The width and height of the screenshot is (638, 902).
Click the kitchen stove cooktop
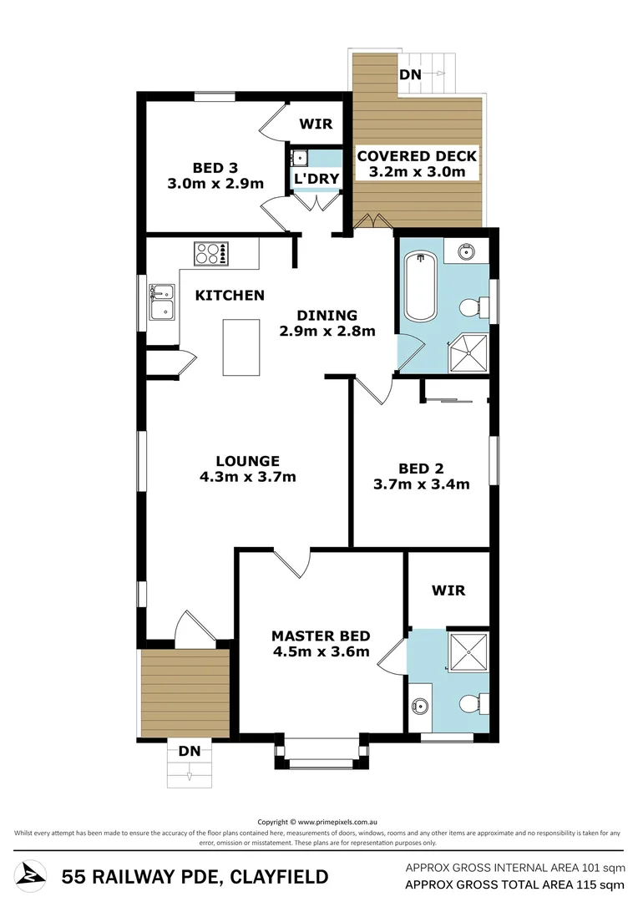click(x=211, y=253)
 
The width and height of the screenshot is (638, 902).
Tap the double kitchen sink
click(x=161, y=302)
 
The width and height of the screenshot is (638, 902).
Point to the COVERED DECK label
click(x=417, y=156)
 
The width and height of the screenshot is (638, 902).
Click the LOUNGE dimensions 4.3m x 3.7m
click(x=248, y=478)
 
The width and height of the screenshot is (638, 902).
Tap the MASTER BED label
click(x=321, y=636)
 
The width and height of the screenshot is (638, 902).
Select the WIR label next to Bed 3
click(x=316, y=124)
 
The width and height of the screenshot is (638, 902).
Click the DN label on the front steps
click(x=190, y=751)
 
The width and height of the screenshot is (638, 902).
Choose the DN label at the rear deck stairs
click(x=410, y=75)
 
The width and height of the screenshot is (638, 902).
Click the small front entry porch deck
click(x=185, y=692)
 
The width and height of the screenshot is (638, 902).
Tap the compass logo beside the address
click(x=32, y=876)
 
